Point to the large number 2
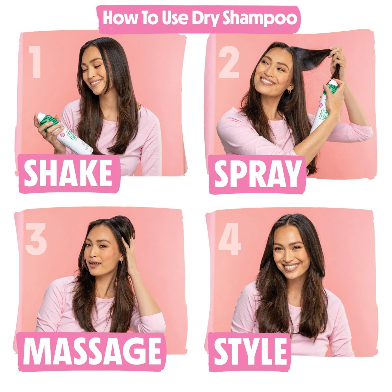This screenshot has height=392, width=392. pyautogui.click(x=229, y=63)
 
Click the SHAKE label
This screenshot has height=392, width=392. pyautogui.click(x=68, y=173)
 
